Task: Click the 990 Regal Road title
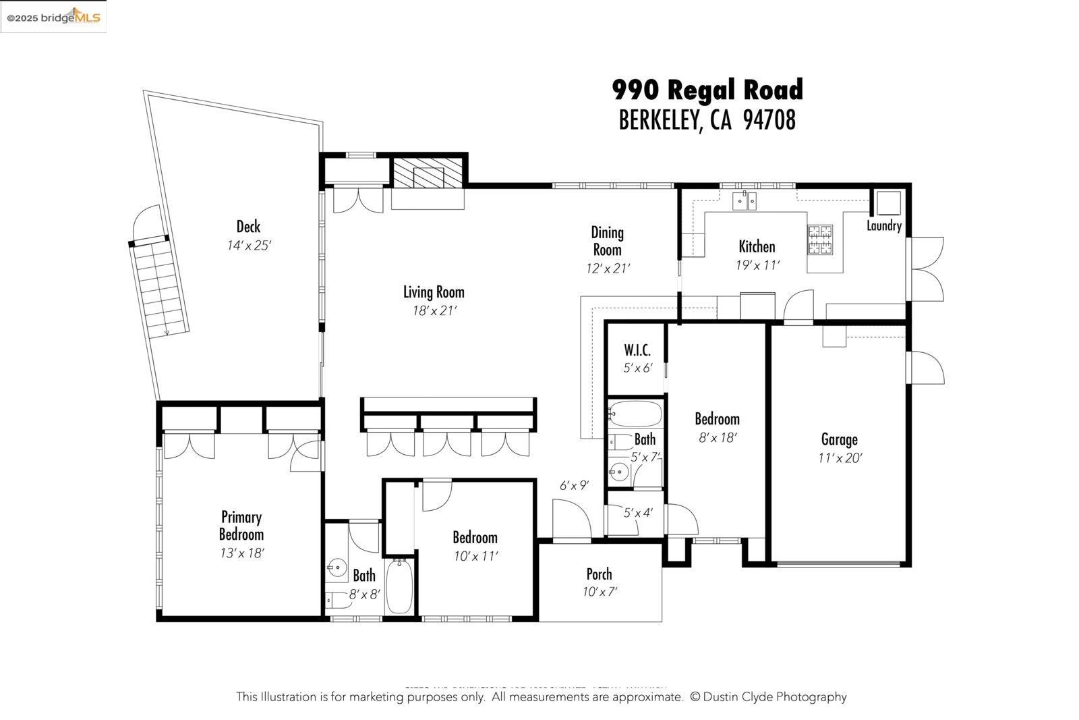click(x=707, y=90)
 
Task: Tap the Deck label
click(x=248, y=227)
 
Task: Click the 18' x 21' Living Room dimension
click(x=435, y=311)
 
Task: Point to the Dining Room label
click(x=607, y=241)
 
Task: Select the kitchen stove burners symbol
click(x=820, y=240)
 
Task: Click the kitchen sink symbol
click(x=745, y=200)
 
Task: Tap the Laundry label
click(x=883, y=226)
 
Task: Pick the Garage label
click(x=839, y=439)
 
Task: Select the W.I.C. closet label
click(x=637, y=350)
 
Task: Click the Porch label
click(x=599, y=574)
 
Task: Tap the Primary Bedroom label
click(x=241, y=526)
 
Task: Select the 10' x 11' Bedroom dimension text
click(x=475, y=557)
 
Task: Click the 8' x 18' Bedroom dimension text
click(x=718, y=437)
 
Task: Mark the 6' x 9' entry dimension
click(x=575, y=485)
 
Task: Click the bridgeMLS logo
click(x=53, y=18)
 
